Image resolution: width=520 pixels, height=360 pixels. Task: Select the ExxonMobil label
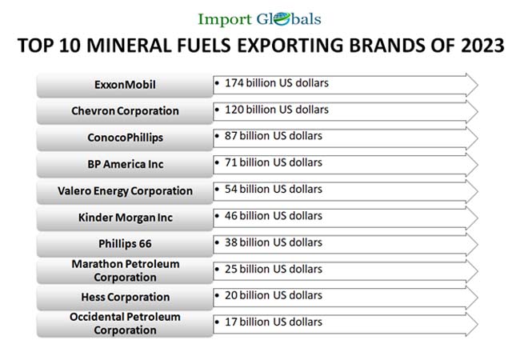pos(125,84)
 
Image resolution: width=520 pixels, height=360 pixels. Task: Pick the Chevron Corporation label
pos(125,110)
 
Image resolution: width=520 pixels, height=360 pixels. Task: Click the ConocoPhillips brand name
pos(125,138)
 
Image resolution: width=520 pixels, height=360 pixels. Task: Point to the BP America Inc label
pos(125,164)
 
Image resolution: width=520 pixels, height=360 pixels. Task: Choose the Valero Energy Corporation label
pos(125,191)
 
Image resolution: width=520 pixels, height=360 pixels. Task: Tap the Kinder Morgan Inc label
pos(125,218)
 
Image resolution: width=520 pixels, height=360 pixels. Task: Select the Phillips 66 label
pos(125,244)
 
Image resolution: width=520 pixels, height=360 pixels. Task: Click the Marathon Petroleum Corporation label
pos(125,270)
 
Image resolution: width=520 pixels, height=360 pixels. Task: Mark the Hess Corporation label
pos(125,297)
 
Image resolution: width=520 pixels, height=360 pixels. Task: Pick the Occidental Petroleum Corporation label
pos(125,323)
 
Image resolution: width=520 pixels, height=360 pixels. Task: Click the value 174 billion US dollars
pos(276,82)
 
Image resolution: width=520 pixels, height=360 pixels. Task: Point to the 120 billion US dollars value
pos(276,109)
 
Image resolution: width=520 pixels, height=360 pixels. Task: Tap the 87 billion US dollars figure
pos(273,136)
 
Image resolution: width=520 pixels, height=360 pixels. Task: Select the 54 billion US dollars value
pos(273,189)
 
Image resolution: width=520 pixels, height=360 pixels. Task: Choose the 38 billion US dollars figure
pos(273,242)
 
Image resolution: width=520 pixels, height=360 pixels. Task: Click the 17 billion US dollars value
pos(273,322)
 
